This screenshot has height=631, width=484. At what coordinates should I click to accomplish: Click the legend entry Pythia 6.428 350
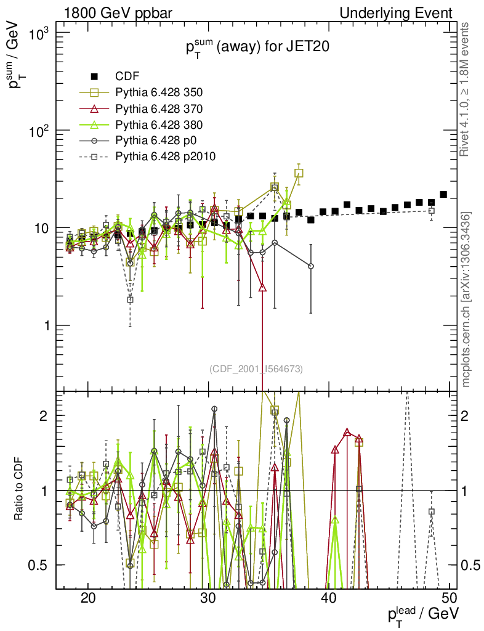pos(159,92)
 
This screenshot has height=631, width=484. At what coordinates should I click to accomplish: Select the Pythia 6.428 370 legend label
pos(159,108)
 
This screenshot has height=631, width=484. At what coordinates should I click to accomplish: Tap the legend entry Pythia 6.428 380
pos(159,124)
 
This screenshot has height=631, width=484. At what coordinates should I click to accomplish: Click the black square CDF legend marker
pos(94,76)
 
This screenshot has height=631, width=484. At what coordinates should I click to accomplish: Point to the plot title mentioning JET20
pos(254,49)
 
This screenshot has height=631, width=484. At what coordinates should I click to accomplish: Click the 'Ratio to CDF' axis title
pos(19,490)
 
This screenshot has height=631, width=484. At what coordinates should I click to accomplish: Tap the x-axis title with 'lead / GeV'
pos(422,614)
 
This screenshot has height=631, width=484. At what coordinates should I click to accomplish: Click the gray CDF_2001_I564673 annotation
pos(256,369)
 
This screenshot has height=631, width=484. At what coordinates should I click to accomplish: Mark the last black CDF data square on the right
pos(443,195)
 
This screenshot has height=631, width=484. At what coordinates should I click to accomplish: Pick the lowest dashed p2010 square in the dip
pos(130,299)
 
